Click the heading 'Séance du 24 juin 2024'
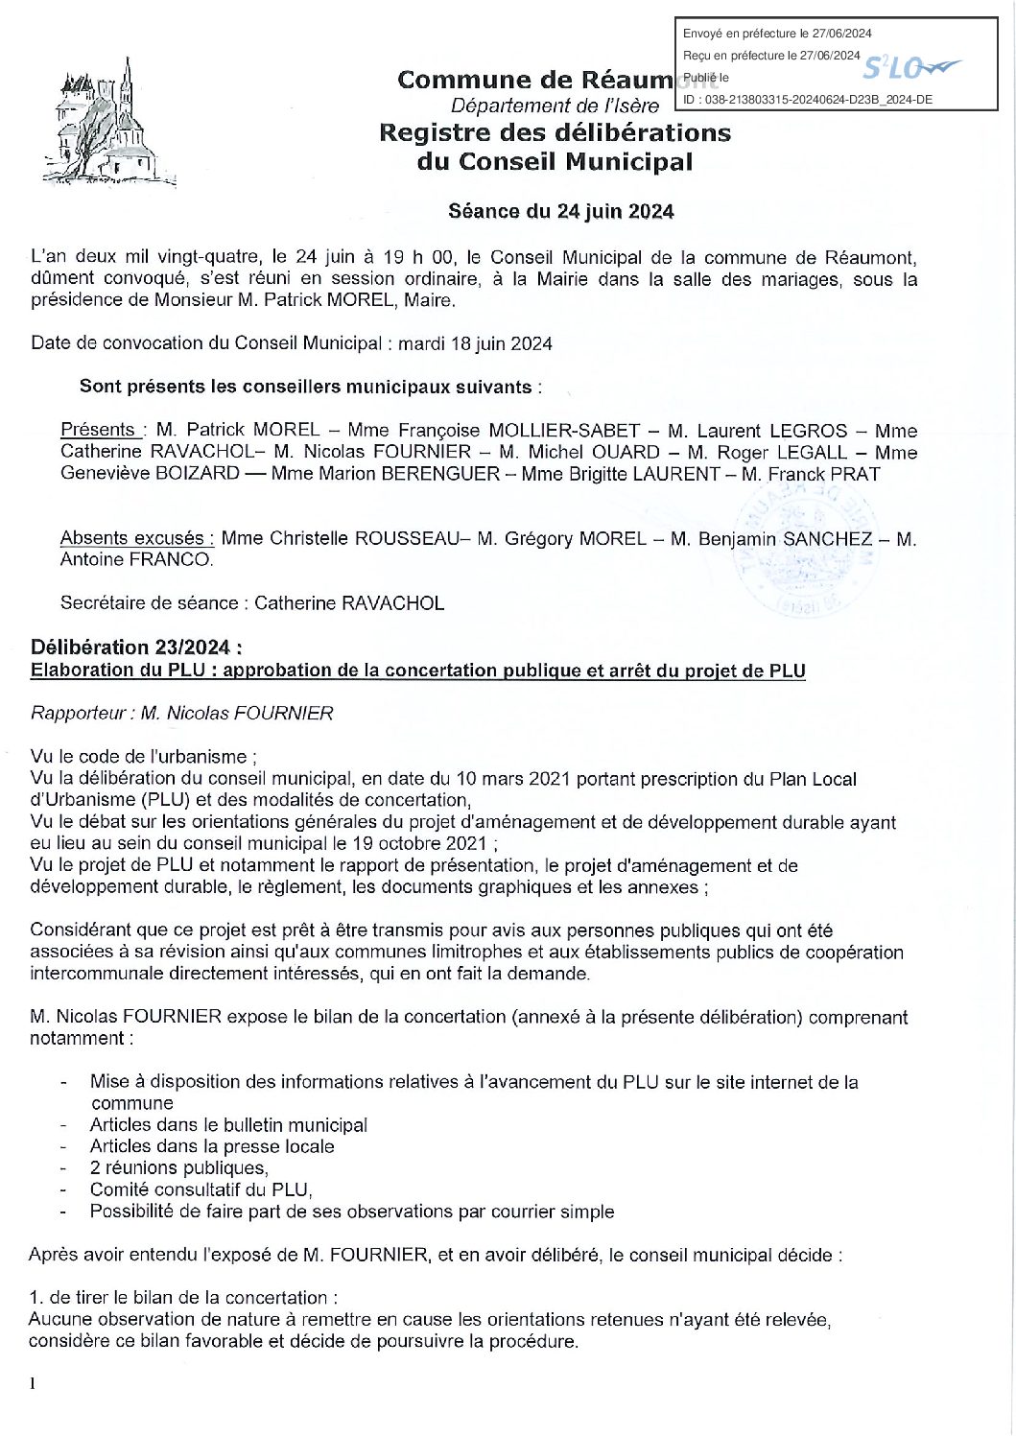(561, 212)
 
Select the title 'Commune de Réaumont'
(537, 81)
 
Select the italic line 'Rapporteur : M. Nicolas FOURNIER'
(182, 713)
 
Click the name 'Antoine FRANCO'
(136, 559)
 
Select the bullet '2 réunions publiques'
(178, 1167)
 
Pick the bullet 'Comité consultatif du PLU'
(201, 1189)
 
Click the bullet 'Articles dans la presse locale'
(212, 1146)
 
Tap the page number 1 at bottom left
(33, 1383)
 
